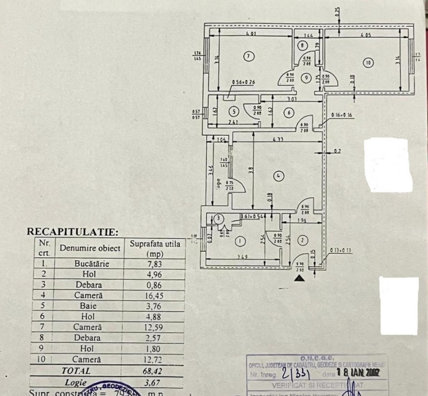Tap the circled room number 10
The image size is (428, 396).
(x=368, y=63)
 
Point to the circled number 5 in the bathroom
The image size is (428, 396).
(x=234, y=111)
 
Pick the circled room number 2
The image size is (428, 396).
(x=302, y=239)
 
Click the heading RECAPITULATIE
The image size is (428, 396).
(x=72, y=232)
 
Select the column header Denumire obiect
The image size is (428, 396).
(x=90, y=248)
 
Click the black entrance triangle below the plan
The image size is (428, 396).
(x=299, y=278)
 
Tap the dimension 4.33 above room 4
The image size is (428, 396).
(x=277, y=139)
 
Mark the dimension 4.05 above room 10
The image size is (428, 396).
(x=366, y=36)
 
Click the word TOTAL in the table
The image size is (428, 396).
(x=76, y=371)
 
